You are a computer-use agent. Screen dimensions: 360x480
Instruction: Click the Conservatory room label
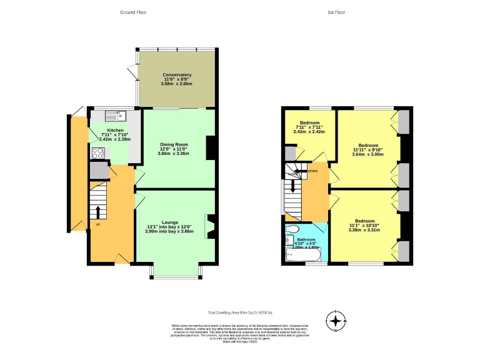pyautogui.click(x=177, y=75)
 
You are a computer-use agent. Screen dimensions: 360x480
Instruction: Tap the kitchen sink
pyautogui.click(x=116, y=115)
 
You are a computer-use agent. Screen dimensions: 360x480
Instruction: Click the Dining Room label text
pyautogui.click(x=173, y=144)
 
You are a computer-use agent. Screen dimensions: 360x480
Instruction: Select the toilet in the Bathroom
pyautogui.click(x=290, y=239)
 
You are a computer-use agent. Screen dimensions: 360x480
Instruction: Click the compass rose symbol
pyautogui.click(x=337, y=321)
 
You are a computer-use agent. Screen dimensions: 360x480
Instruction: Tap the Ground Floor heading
pyautogui.click(x=133, y=12)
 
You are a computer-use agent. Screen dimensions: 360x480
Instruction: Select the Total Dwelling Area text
pyautogui.click(x=240, y=312)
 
